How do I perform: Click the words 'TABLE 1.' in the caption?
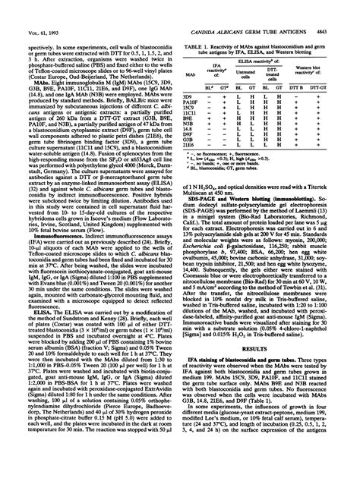(201, 25)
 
